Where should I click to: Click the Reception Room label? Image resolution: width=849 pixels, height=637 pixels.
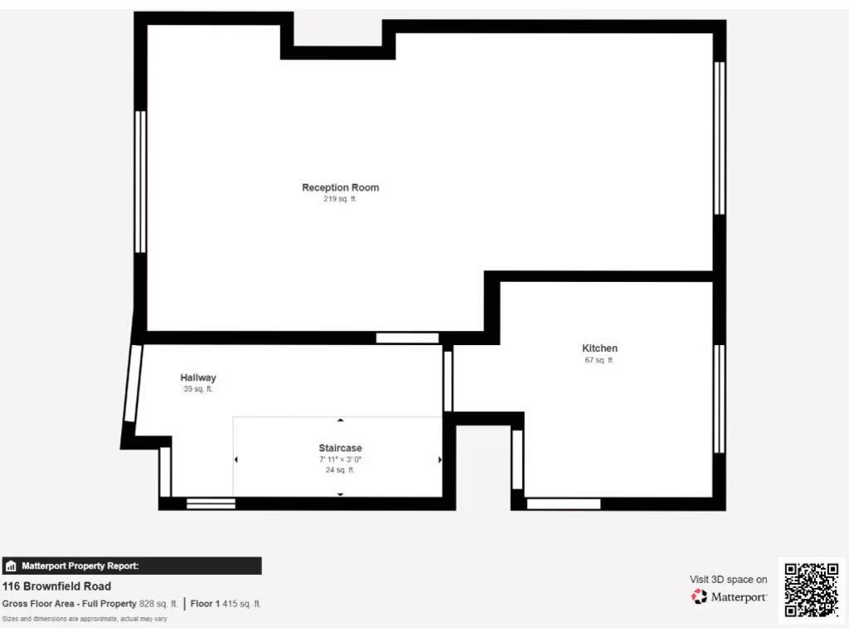point(340,187)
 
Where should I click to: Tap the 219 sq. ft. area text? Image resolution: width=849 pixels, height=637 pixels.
point(340,199)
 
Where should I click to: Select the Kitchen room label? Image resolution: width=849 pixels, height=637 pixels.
point(599,348)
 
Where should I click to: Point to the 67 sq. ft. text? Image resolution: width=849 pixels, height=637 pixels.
point(599,360)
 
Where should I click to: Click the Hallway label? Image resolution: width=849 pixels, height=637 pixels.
point(198,377)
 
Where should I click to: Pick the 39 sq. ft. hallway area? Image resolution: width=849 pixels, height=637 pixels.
point(198,389)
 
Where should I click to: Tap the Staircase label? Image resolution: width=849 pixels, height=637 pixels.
point(340,448)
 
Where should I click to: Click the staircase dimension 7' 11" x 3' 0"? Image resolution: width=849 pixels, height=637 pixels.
point(340,459)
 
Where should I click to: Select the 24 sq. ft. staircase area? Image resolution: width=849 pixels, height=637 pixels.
point(340,469)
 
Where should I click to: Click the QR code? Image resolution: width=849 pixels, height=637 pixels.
point(812,590)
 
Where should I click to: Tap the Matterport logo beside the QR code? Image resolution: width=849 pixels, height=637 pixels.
point(729,596)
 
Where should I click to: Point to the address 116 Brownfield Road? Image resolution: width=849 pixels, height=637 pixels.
point(56,586)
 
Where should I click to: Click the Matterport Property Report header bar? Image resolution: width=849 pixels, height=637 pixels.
point(132,566)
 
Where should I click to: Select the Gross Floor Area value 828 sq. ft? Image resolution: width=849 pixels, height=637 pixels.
point(157,604)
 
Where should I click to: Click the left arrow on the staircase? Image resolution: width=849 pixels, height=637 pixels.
point(236,460)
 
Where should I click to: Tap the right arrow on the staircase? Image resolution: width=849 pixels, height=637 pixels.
point(439,460)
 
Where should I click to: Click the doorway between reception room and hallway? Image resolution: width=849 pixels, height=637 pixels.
point(407,338)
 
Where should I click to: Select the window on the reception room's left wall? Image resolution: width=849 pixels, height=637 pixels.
point(140,182)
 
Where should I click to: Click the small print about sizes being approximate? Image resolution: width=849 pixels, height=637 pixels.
point(85,619)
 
